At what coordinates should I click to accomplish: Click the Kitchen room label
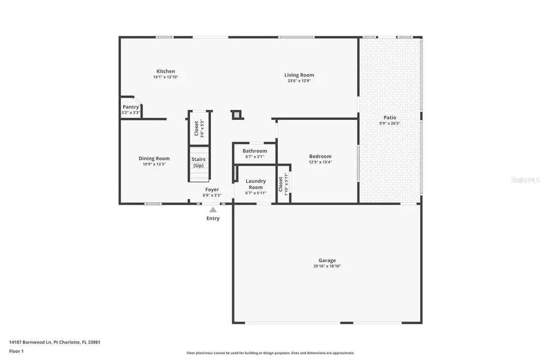[165, 71]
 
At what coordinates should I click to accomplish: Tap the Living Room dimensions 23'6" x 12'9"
[299, 81]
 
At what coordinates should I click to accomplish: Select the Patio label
[390, 118]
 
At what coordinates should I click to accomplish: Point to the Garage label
[327, 260]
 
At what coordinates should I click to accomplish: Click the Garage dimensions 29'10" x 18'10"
[327, 267]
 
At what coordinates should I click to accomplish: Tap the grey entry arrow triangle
[213, 210]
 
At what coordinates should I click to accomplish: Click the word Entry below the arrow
[213, 219]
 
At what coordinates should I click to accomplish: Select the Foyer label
[212, 190]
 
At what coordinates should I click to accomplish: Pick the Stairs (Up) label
[199, 163]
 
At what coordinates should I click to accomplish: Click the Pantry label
[130, 107]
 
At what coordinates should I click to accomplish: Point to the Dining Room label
[154, 158]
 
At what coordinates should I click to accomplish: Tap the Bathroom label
[255, 151]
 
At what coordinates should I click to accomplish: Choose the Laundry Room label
[256, 184]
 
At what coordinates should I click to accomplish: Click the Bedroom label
[320, 156]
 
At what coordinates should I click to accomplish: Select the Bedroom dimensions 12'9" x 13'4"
[320, 163]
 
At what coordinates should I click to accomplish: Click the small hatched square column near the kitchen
[237, 114]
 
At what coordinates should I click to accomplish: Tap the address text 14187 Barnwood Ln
[31, 342]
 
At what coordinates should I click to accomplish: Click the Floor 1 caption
[16, 351]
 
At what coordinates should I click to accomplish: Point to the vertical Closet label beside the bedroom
[281, 184]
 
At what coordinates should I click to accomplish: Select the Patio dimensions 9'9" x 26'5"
[390, 124]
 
